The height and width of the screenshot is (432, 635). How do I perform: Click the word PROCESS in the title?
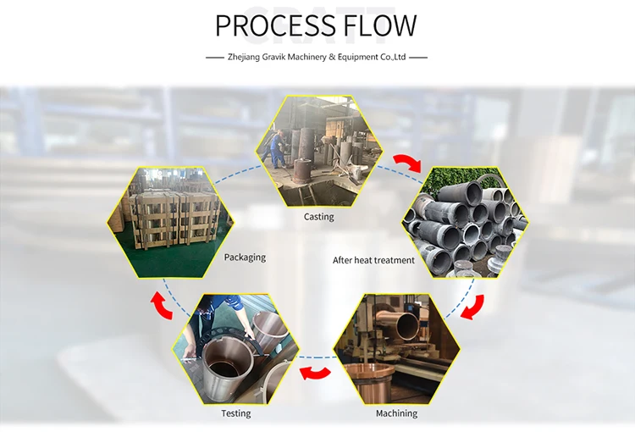point(275,25)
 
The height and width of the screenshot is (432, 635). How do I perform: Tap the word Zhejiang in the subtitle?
point(243,57)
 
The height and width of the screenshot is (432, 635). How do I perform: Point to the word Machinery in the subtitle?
point(306,57)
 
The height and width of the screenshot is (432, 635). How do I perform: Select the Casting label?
point(319,217)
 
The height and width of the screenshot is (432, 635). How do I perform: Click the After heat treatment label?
point(373,260)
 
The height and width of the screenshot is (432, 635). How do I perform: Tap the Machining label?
point(396,413)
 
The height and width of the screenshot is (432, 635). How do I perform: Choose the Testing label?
point(235,413)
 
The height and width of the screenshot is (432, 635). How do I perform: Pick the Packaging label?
point(245,258)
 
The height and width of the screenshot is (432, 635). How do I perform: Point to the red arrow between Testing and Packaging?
point(161,306)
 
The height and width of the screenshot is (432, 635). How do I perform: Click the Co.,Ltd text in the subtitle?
point(393,57)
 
